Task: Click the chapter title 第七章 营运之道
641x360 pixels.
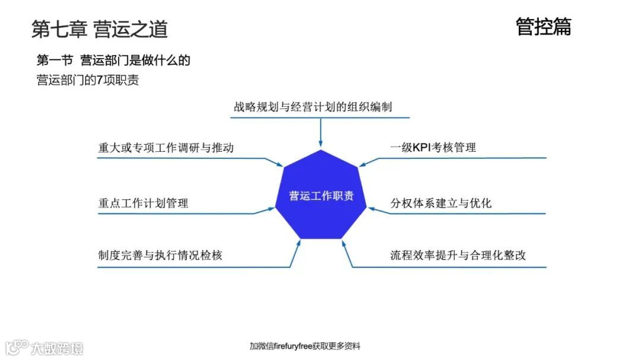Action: tap(100, 28)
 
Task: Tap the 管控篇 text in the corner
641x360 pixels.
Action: tap(543, 27)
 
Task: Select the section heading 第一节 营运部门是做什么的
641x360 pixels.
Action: tap(113, 60)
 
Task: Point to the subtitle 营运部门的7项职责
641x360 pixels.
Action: tap(88, 81)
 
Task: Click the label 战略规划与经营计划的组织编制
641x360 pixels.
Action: tap(313, 107)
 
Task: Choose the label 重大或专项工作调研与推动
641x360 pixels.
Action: tap(166, 148)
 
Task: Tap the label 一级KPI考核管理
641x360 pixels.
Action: tap(433, 148)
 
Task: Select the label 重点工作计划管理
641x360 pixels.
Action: tap(143, 203)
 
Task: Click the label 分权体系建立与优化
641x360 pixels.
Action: tap(441, 203)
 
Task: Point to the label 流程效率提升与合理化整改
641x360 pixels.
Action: tap(458, 256)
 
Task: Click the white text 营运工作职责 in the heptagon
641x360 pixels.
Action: tap(321, 196)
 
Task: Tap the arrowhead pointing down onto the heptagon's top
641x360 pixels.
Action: tap(320, 144)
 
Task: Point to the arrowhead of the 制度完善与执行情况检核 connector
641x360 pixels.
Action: tap(296, 246)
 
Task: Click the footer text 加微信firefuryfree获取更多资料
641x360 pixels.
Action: tap(305, 346)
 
